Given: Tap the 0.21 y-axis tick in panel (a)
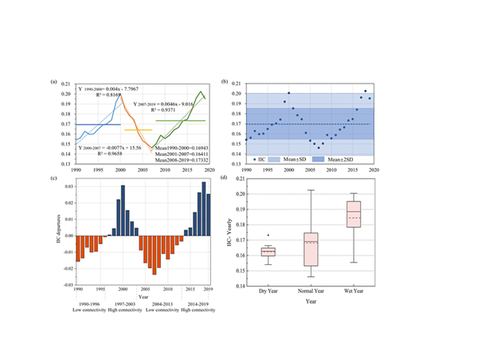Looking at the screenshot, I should tap(65, 84).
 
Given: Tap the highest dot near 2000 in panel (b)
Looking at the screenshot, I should tap(288, 93).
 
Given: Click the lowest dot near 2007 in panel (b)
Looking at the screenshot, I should tap(318, 148).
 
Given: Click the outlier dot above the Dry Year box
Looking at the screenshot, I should tap(268, 235).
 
